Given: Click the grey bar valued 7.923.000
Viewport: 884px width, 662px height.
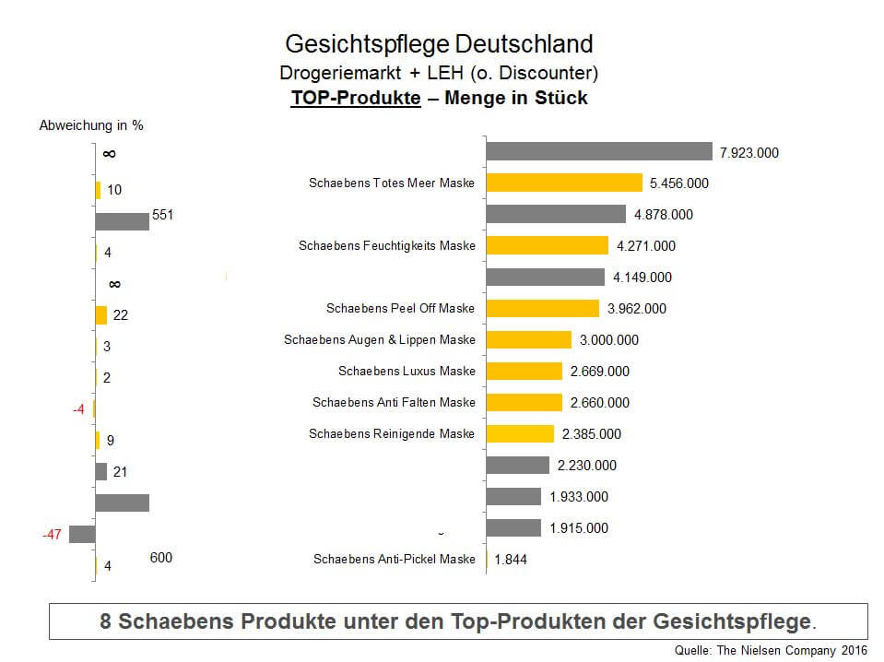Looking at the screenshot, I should point(599,151).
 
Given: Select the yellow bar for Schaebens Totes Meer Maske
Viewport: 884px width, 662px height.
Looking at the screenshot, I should point(563,183).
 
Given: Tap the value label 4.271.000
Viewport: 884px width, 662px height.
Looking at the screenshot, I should point(645,245).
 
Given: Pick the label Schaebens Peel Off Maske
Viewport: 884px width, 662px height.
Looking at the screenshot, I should point(401,308).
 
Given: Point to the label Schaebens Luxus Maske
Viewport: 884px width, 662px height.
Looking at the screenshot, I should point(407,371).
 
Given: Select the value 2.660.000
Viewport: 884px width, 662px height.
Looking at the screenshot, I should point(600,402).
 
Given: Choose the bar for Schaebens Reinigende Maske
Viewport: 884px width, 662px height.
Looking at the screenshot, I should point(520,433).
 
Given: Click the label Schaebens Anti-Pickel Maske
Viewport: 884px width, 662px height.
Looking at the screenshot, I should point(395,559).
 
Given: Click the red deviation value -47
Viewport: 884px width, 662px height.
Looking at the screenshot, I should point(51,534).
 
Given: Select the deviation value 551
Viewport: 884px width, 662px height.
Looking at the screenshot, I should point(163,215).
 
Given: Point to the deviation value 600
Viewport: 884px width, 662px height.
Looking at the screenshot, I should point(160,557).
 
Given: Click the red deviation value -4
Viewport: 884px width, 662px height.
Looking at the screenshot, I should point(78,409).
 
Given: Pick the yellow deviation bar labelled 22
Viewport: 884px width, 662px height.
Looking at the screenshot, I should point(101,314).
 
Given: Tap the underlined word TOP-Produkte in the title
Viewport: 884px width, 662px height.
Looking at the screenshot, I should point(355,98).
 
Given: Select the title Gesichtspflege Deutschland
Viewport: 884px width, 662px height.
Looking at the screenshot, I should point(439,43).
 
